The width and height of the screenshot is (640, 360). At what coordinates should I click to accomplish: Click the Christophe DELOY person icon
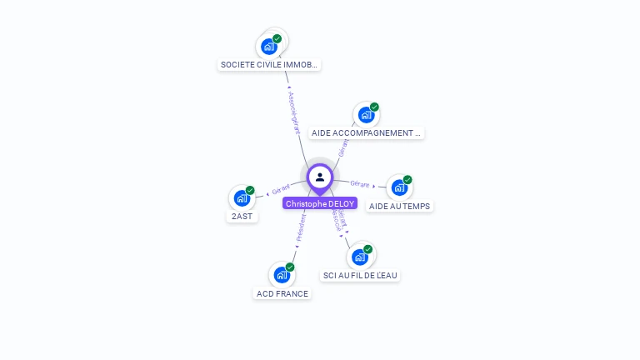click(x=320, y=177)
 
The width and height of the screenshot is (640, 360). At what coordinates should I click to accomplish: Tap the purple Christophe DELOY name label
click(x=320, y=203)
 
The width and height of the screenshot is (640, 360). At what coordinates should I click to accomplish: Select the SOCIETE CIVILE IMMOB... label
click(x=268, y=64)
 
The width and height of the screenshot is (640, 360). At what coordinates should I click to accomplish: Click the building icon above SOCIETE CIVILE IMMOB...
click(x=268, y=46)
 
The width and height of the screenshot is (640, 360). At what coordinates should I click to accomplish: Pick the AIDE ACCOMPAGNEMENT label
click(x=366, y=132)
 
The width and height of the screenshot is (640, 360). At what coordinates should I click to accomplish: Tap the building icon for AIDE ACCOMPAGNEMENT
click(x=366, y=115)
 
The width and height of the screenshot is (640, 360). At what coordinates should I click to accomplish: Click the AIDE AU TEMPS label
click(x=401, y=206)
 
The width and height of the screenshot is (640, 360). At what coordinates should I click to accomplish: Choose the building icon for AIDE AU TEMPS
click(x=399, y=187)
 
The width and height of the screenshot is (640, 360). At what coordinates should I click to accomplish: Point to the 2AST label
click(x=242, y=216)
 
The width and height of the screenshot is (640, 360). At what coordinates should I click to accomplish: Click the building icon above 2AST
click(x=242, y=198)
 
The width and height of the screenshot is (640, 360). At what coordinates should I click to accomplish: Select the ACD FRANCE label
click(x=282, y=293)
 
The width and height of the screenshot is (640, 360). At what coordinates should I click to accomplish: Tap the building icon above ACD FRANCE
click(x=282, y=275)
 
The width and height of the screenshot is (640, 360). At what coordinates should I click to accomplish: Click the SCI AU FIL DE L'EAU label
click(x=360, y=275)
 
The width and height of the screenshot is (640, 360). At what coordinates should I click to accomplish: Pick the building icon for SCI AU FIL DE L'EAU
click(x=360, y=257)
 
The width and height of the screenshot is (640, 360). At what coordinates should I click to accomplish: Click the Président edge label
click(x=301, y=227)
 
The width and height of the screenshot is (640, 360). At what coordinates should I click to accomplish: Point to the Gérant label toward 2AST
click(x=280, y=190)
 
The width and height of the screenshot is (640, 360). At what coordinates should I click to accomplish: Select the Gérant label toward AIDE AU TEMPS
click(x=360, y=183)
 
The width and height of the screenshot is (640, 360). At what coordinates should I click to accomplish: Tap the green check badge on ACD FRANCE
click(x=290, y=267)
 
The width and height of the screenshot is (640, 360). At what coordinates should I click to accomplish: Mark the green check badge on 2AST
click(x=250, y=190)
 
